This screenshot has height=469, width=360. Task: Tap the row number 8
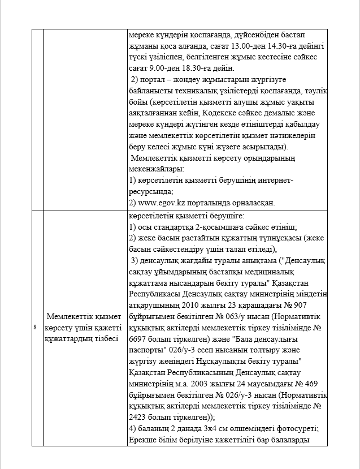click(35, 327)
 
